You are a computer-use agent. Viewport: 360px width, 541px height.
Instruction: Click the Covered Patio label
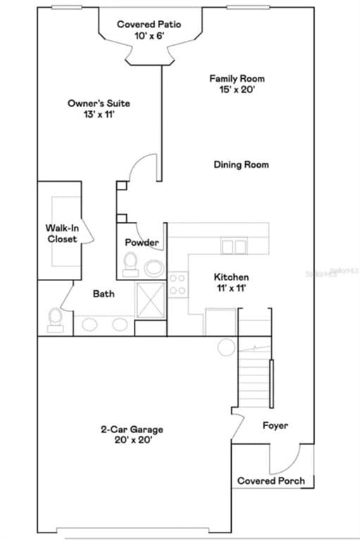149,30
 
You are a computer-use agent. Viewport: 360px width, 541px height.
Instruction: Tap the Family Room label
237,84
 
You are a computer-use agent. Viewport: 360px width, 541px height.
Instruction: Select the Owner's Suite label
99,108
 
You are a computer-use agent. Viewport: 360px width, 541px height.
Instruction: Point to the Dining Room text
241,165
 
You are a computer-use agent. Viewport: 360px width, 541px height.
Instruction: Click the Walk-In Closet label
62,234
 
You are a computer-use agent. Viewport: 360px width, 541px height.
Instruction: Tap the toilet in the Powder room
130,265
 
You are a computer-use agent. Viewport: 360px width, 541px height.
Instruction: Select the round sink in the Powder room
154,268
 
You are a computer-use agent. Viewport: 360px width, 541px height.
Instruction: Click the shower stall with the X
151,300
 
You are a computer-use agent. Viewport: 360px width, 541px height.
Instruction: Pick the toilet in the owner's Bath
55,321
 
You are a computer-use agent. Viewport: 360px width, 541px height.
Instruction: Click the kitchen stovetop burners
178,285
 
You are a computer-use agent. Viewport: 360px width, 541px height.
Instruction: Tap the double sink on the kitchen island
234,247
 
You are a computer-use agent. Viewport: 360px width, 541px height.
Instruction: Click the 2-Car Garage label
132,435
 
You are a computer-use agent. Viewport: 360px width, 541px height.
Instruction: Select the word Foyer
275,425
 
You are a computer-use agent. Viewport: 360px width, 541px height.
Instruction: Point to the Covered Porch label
271,481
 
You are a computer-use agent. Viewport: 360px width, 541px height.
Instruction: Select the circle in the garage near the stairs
226,347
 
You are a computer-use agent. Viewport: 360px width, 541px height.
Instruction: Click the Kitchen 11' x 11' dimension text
231,287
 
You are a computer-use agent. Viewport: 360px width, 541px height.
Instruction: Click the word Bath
104,294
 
